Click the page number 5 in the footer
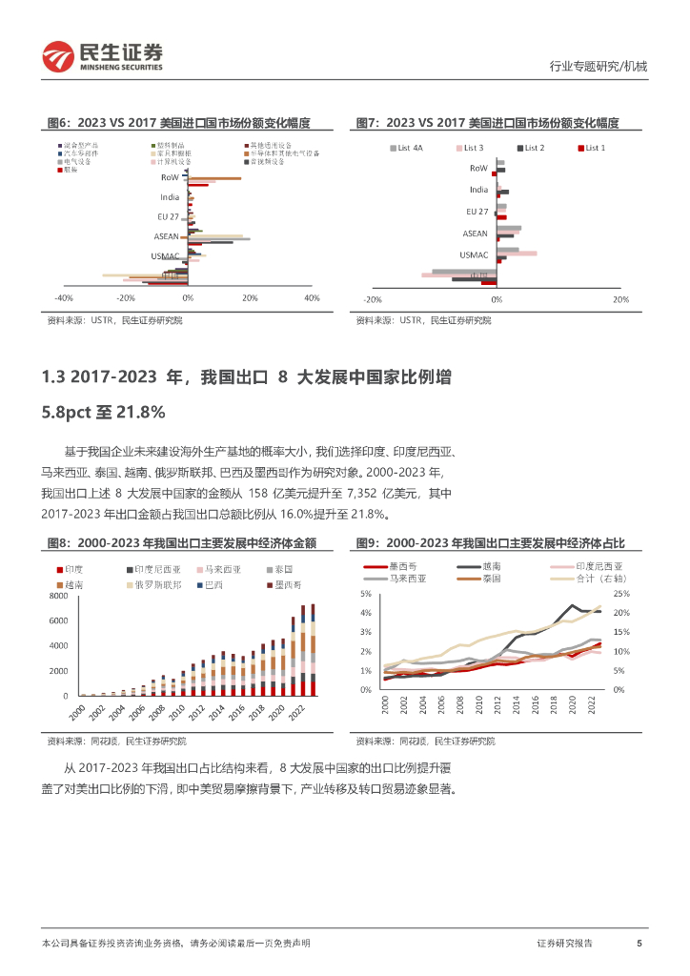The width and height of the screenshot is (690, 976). point(639,943)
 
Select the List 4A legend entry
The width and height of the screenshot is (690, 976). point(411,148)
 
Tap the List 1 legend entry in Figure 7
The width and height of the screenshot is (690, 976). point(595,148)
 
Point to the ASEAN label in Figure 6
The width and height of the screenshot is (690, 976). point(167,235)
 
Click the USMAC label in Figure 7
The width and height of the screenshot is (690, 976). point(474,254)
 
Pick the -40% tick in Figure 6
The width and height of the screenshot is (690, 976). point(66,298)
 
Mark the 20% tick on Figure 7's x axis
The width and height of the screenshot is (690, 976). point(619,298)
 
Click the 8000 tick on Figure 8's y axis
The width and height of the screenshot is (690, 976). point(59,596)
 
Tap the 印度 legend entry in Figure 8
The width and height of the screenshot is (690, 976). point(73,570)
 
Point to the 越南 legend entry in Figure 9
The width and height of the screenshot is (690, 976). point(495,566)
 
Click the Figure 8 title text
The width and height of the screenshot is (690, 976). point(181,542)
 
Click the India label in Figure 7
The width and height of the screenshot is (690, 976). point(478,190)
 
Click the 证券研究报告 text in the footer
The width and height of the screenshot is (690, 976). point(565,943)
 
